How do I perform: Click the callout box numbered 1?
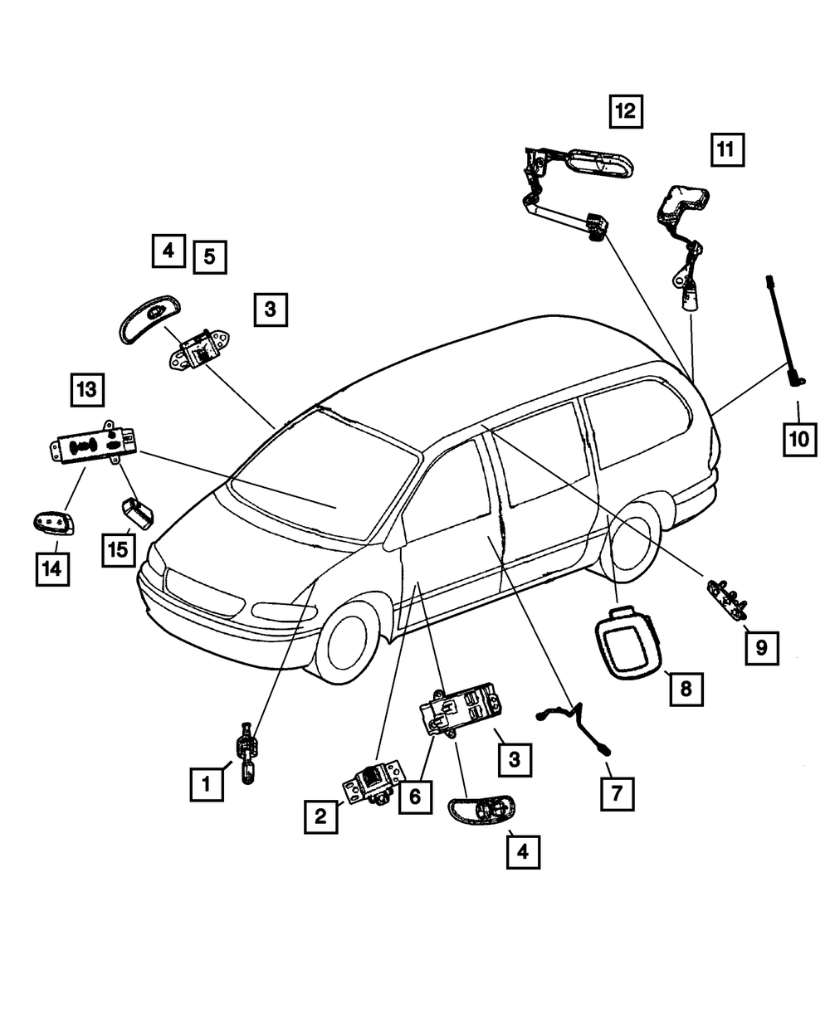[x=206, y=782]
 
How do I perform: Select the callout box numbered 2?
[x=320, y=816]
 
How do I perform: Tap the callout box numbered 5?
[x=210, y=257]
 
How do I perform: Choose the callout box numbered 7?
[x=617, y=794]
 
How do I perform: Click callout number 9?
[x=761, y=646]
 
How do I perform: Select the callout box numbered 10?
[x=799, y=439]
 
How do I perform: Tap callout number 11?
[x=726, y=150]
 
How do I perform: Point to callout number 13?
[x=87, y=388]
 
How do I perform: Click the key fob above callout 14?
[x=52, y=523]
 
